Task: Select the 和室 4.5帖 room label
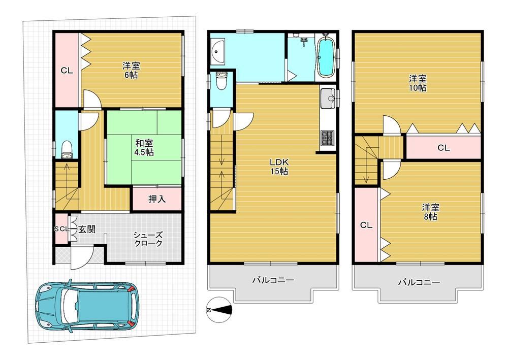144,147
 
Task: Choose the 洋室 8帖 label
430,212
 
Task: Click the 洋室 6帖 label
131,70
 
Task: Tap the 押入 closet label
157,199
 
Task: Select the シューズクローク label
148,239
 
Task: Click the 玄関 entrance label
86,230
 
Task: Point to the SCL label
61,229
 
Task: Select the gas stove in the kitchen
327,138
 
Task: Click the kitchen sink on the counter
327,96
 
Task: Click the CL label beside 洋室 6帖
67,71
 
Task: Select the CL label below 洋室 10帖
443,148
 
